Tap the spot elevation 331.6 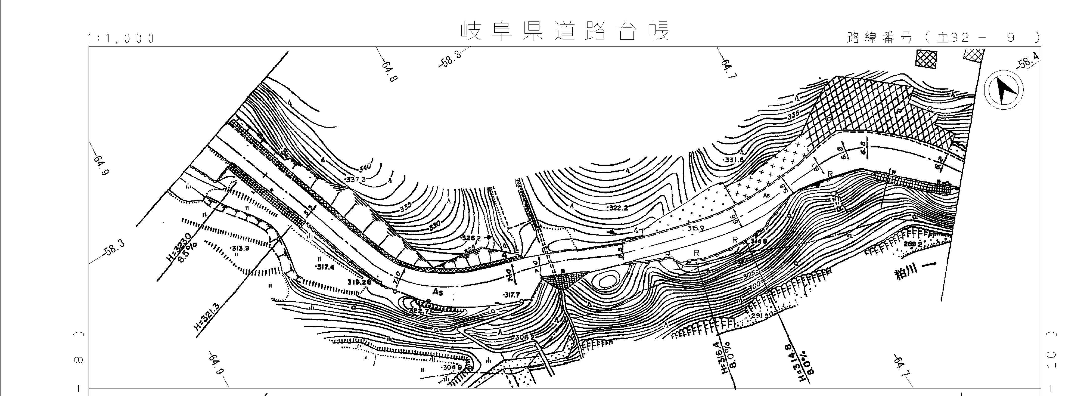pos(734,160)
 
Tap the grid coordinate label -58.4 pos(1029,60)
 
